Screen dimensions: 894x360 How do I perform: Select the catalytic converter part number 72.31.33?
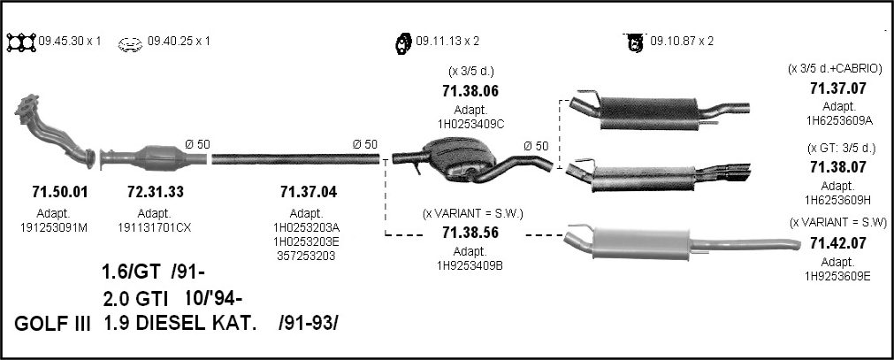click(156, 192)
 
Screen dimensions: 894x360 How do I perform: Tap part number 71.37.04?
click(309, 192)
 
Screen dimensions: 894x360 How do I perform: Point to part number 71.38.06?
click(470, 91)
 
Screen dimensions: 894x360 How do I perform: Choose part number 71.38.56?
click(470, 233)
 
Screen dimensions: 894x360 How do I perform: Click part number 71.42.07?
click(838, 243)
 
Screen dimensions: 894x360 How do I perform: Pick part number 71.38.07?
click(838, 167)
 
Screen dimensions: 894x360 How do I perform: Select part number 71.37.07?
click(838, 88)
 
